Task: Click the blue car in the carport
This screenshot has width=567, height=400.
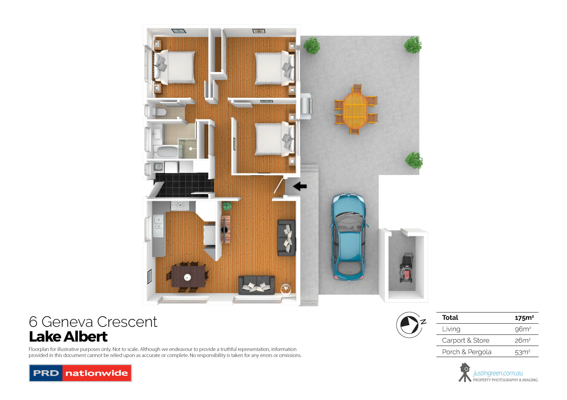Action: [349, 236]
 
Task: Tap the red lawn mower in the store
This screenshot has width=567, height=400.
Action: [406, 268]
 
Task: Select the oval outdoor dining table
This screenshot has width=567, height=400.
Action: [355, 110]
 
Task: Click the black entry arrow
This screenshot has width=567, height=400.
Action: [300, 186]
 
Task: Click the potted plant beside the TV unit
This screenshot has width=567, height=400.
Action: [227, 206]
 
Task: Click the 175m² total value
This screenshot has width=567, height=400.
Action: [524, 318]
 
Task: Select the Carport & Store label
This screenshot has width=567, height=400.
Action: [465, 340]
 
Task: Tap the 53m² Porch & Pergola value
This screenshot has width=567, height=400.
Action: [522, 352]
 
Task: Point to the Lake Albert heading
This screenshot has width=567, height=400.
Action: [68, 337]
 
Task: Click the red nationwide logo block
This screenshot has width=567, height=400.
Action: [96, 373]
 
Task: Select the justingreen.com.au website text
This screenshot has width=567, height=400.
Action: [498, 373]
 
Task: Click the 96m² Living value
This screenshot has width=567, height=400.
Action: [523, 329]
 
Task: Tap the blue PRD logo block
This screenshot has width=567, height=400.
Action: [46, 373]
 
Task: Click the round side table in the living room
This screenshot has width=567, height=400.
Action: [286, 289]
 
